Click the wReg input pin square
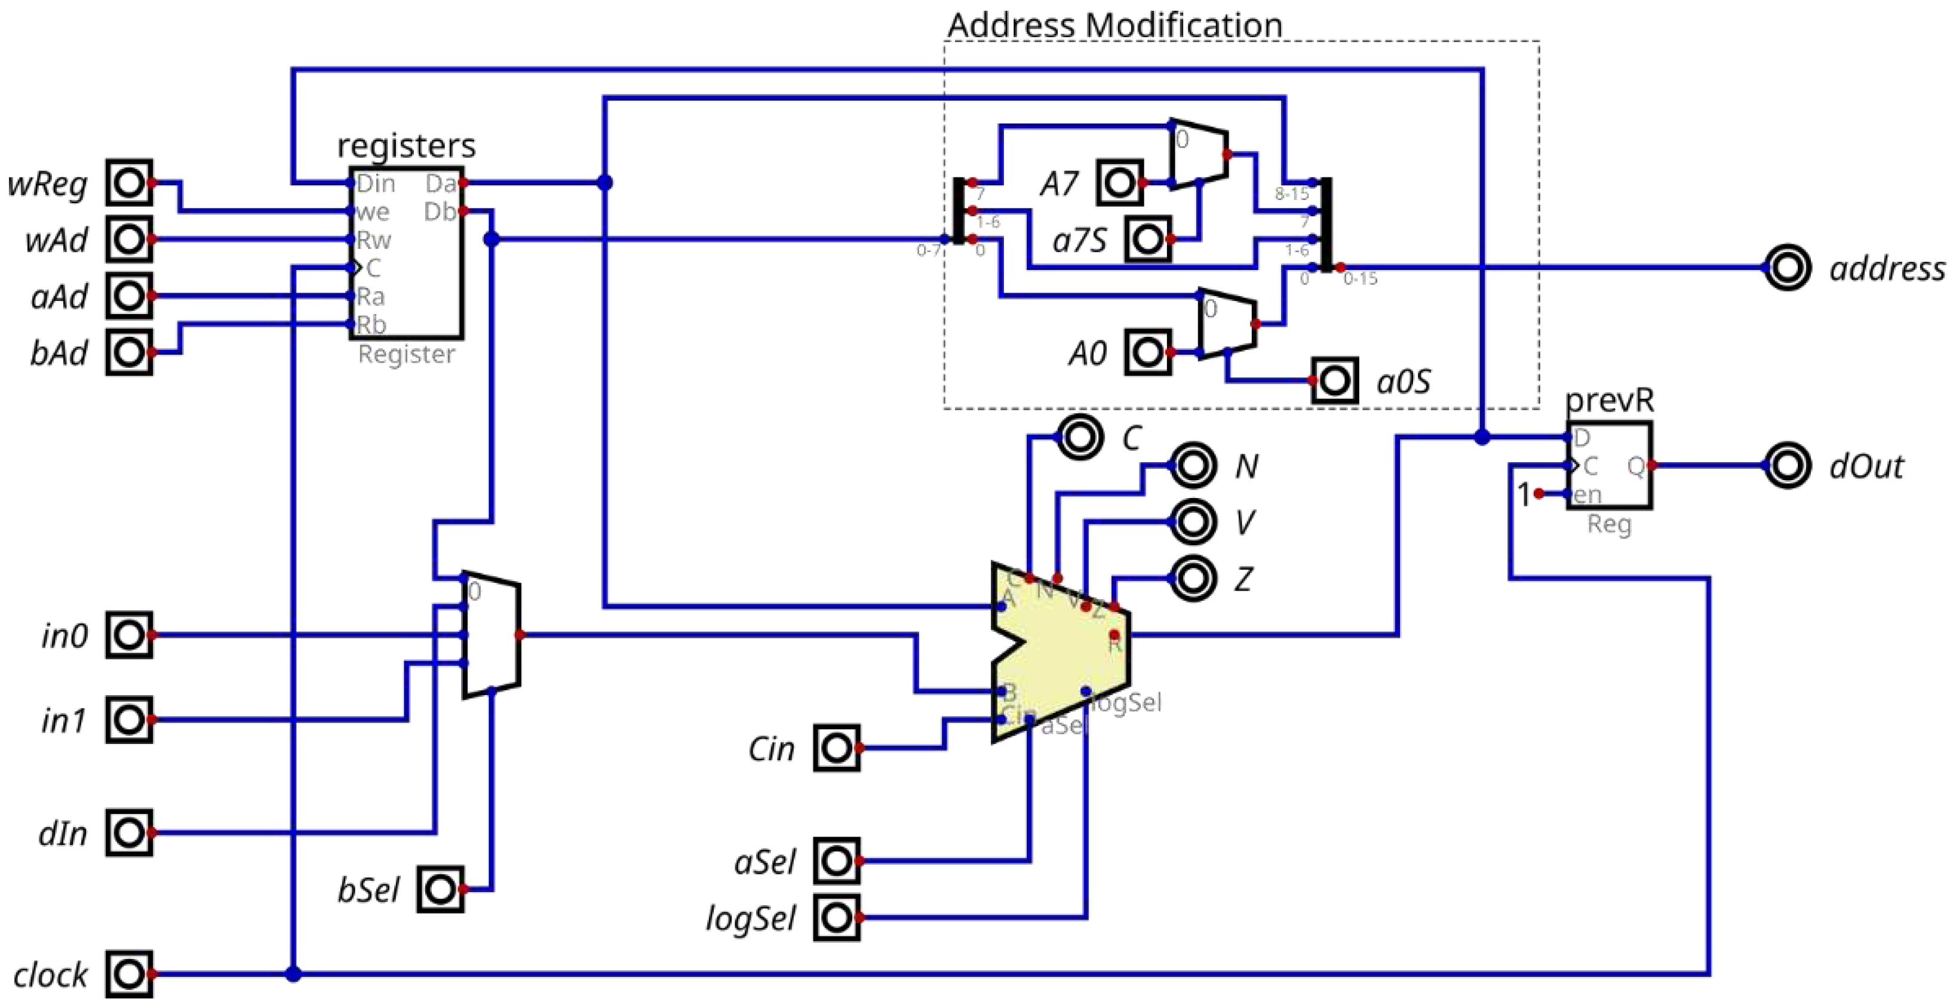click(129, 183)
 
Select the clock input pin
click(129, 974)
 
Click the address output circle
click(1787, 268)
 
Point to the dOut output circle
click(1787, 465)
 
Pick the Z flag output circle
click(1193, 578)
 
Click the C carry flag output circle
click(1080, 437)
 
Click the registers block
click(406, 253)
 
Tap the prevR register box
click(1609, 465)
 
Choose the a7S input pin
click(1148, 239)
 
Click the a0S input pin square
click(1334, 380)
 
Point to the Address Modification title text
click(1114, 25)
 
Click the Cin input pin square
click(836, 748)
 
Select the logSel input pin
click(836, 918)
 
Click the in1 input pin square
click(129, 719)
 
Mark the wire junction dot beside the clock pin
click(293, 974)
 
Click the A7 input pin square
click(1119, 183)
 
